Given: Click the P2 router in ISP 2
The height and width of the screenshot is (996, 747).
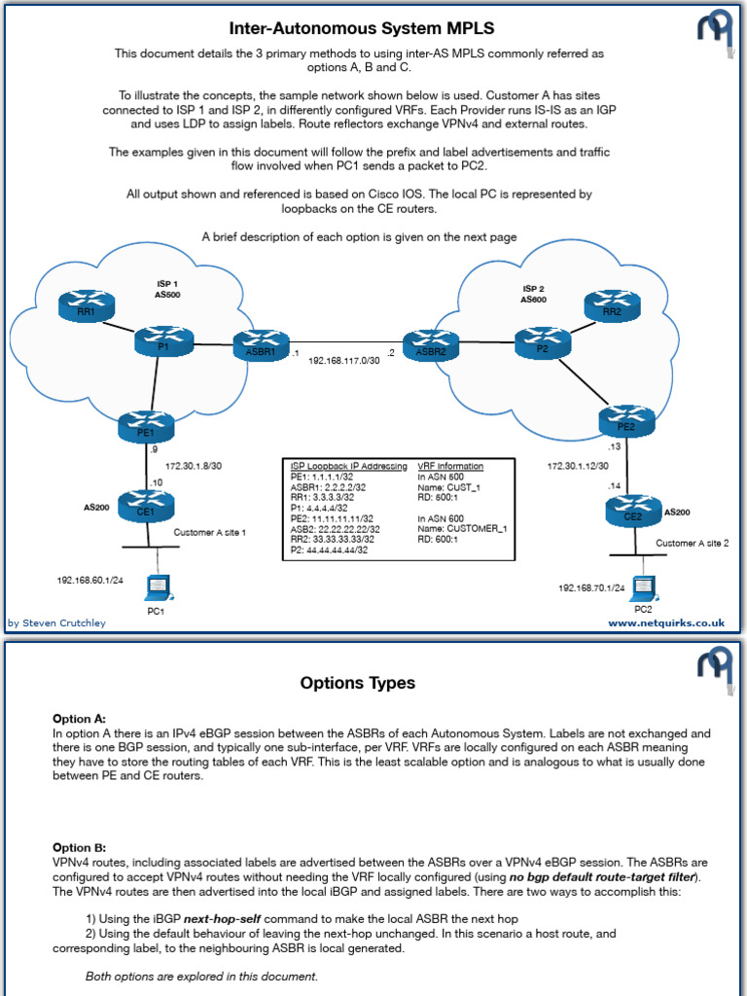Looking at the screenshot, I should [543, 340].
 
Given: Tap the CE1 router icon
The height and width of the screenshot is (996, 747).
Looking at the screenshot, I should [146, 507].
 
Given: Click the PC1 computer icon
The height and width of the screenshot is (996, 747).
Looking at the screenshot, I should [156, 589].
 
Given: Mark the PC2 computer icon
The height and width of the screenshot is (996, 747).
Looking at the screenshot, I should [642, 589].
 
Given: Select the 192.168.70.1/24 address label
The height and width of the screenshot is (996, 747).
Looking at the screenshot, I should [591, 588].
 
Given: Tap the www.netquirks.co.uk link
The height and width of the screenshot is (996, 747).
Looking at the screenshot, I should [666, 622].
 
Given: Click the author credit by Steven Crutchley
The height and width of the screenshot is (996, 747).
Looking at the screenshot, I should [56, 622].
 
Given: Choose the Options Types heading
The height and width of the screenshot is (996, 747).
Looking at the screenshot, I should [358, 683].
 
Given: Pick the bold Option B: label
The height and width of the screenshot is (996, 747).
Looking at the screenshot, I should [80, 847].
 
